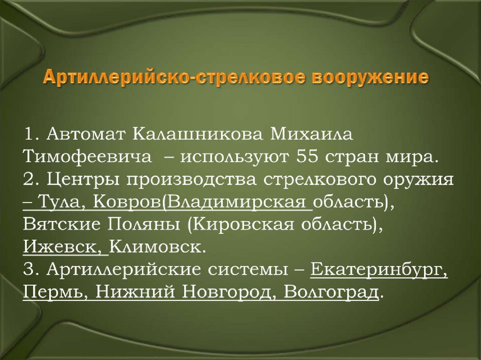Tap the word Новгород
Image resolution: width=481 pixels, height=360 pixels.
point(225,291)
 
